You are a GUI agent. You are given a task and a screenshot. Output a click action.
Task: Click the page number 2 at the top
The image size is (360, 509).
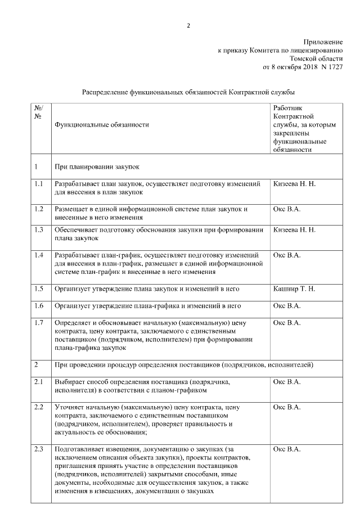tap(188, 25)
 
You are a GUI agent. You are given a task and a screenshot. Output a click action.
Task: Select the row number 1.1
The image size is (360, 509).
tap(39, 184)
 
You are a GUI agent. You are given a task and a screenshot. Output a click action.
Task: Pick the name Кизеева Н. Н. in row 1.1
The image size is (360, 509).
tap(294, 184)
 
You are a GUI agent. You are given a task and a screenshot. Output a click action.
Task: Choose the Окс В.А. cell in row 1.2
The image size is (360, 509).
tap(287, 209)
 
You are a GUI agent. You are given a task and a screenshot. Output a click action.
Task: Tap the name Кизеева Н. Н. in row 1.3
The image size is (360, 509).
tap(294, 230)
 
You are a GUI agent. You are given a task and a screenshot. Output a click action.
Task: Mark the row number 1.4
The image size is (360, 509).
tap(39, 255)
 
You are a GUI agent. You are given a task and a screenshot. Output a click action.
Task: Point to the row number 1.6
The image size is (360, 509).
tap(39, 306)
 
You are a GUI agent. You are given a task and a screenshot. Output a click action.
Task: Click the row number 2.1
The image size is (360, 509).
tap(39, 382)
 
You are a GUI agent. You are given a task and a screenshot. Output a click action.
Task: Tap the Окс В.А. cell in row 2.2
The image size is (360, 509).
tap(287, 407)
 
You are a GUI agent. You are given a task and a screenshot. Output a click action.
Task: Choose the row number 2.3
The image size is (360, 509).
tap(39, 449)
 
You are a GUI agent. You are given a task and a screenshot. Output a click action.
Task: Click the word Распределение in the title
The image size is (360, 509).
tap(105, 91)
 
